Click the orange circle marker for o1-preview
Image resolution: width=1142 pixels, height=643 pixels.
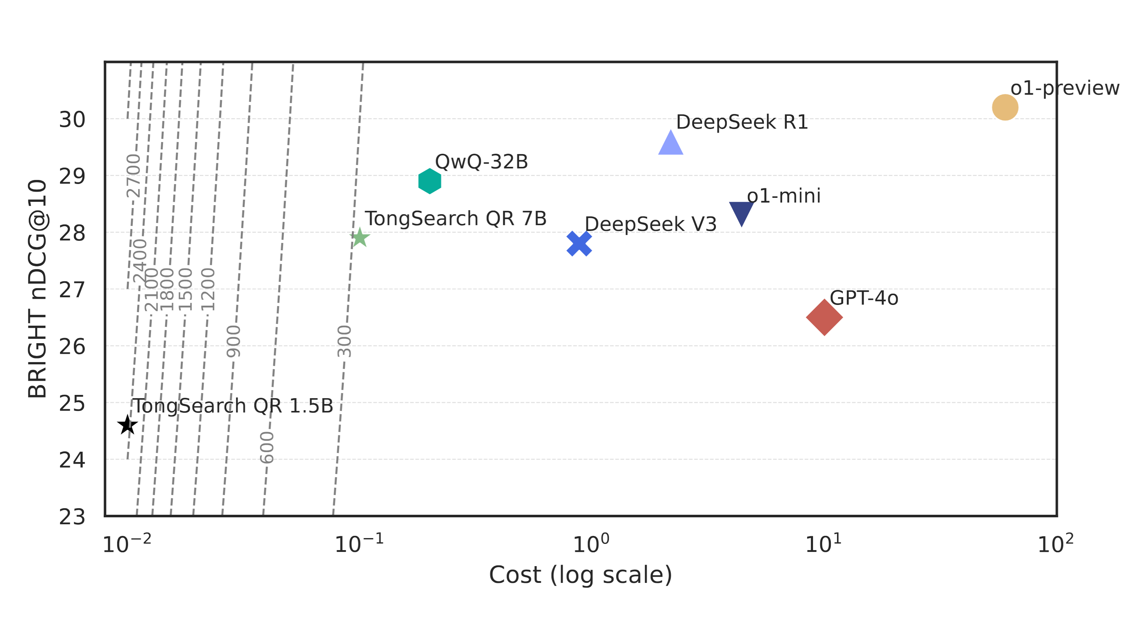pyautogui.click(x=1004, y=107)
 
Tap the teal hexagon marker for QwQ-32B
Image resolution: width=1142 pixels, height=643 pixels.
pyautogui.click(x=429, y=181)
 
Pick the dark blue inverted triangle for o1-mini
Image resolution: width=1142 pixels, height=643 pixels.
pyautogui.click(x=741, y=212)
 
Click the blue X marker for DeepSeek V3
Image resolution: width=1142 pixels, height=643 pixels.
pyautogui.click(x=579, y=244)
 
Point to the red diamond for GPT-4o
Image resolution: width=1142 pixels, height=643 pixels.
pyautogui.click(x=824, y=317)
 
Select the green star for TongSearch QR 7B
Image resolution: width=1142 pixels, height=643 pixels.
pyautogui.click(x=360, y=238)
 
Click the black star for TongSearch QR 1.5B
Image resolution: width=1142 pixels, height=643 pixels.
pyautogui.click(x=128, y=425)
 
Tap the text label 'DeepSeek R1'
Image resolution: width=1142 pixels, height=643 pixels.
pyautogui.click(x=742, y=122)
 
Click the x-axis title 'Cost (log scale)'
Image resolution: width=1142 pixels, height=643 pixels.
pyautogui.click(x=580, y=575)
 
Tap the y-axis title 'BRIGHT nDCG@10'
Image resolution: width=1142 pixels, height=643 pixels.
pyautogui.click(x=37, y=289)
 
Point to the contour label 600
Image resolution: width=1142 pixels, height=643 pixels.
pyautogui.click(x=267, y=447)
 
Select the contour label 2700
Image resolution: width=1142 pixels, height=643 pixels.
pyautogui.click(x=133, y=176)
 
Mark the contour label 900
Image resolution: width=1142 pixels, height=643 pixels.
pyautogui.click(x=233, y=341)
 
